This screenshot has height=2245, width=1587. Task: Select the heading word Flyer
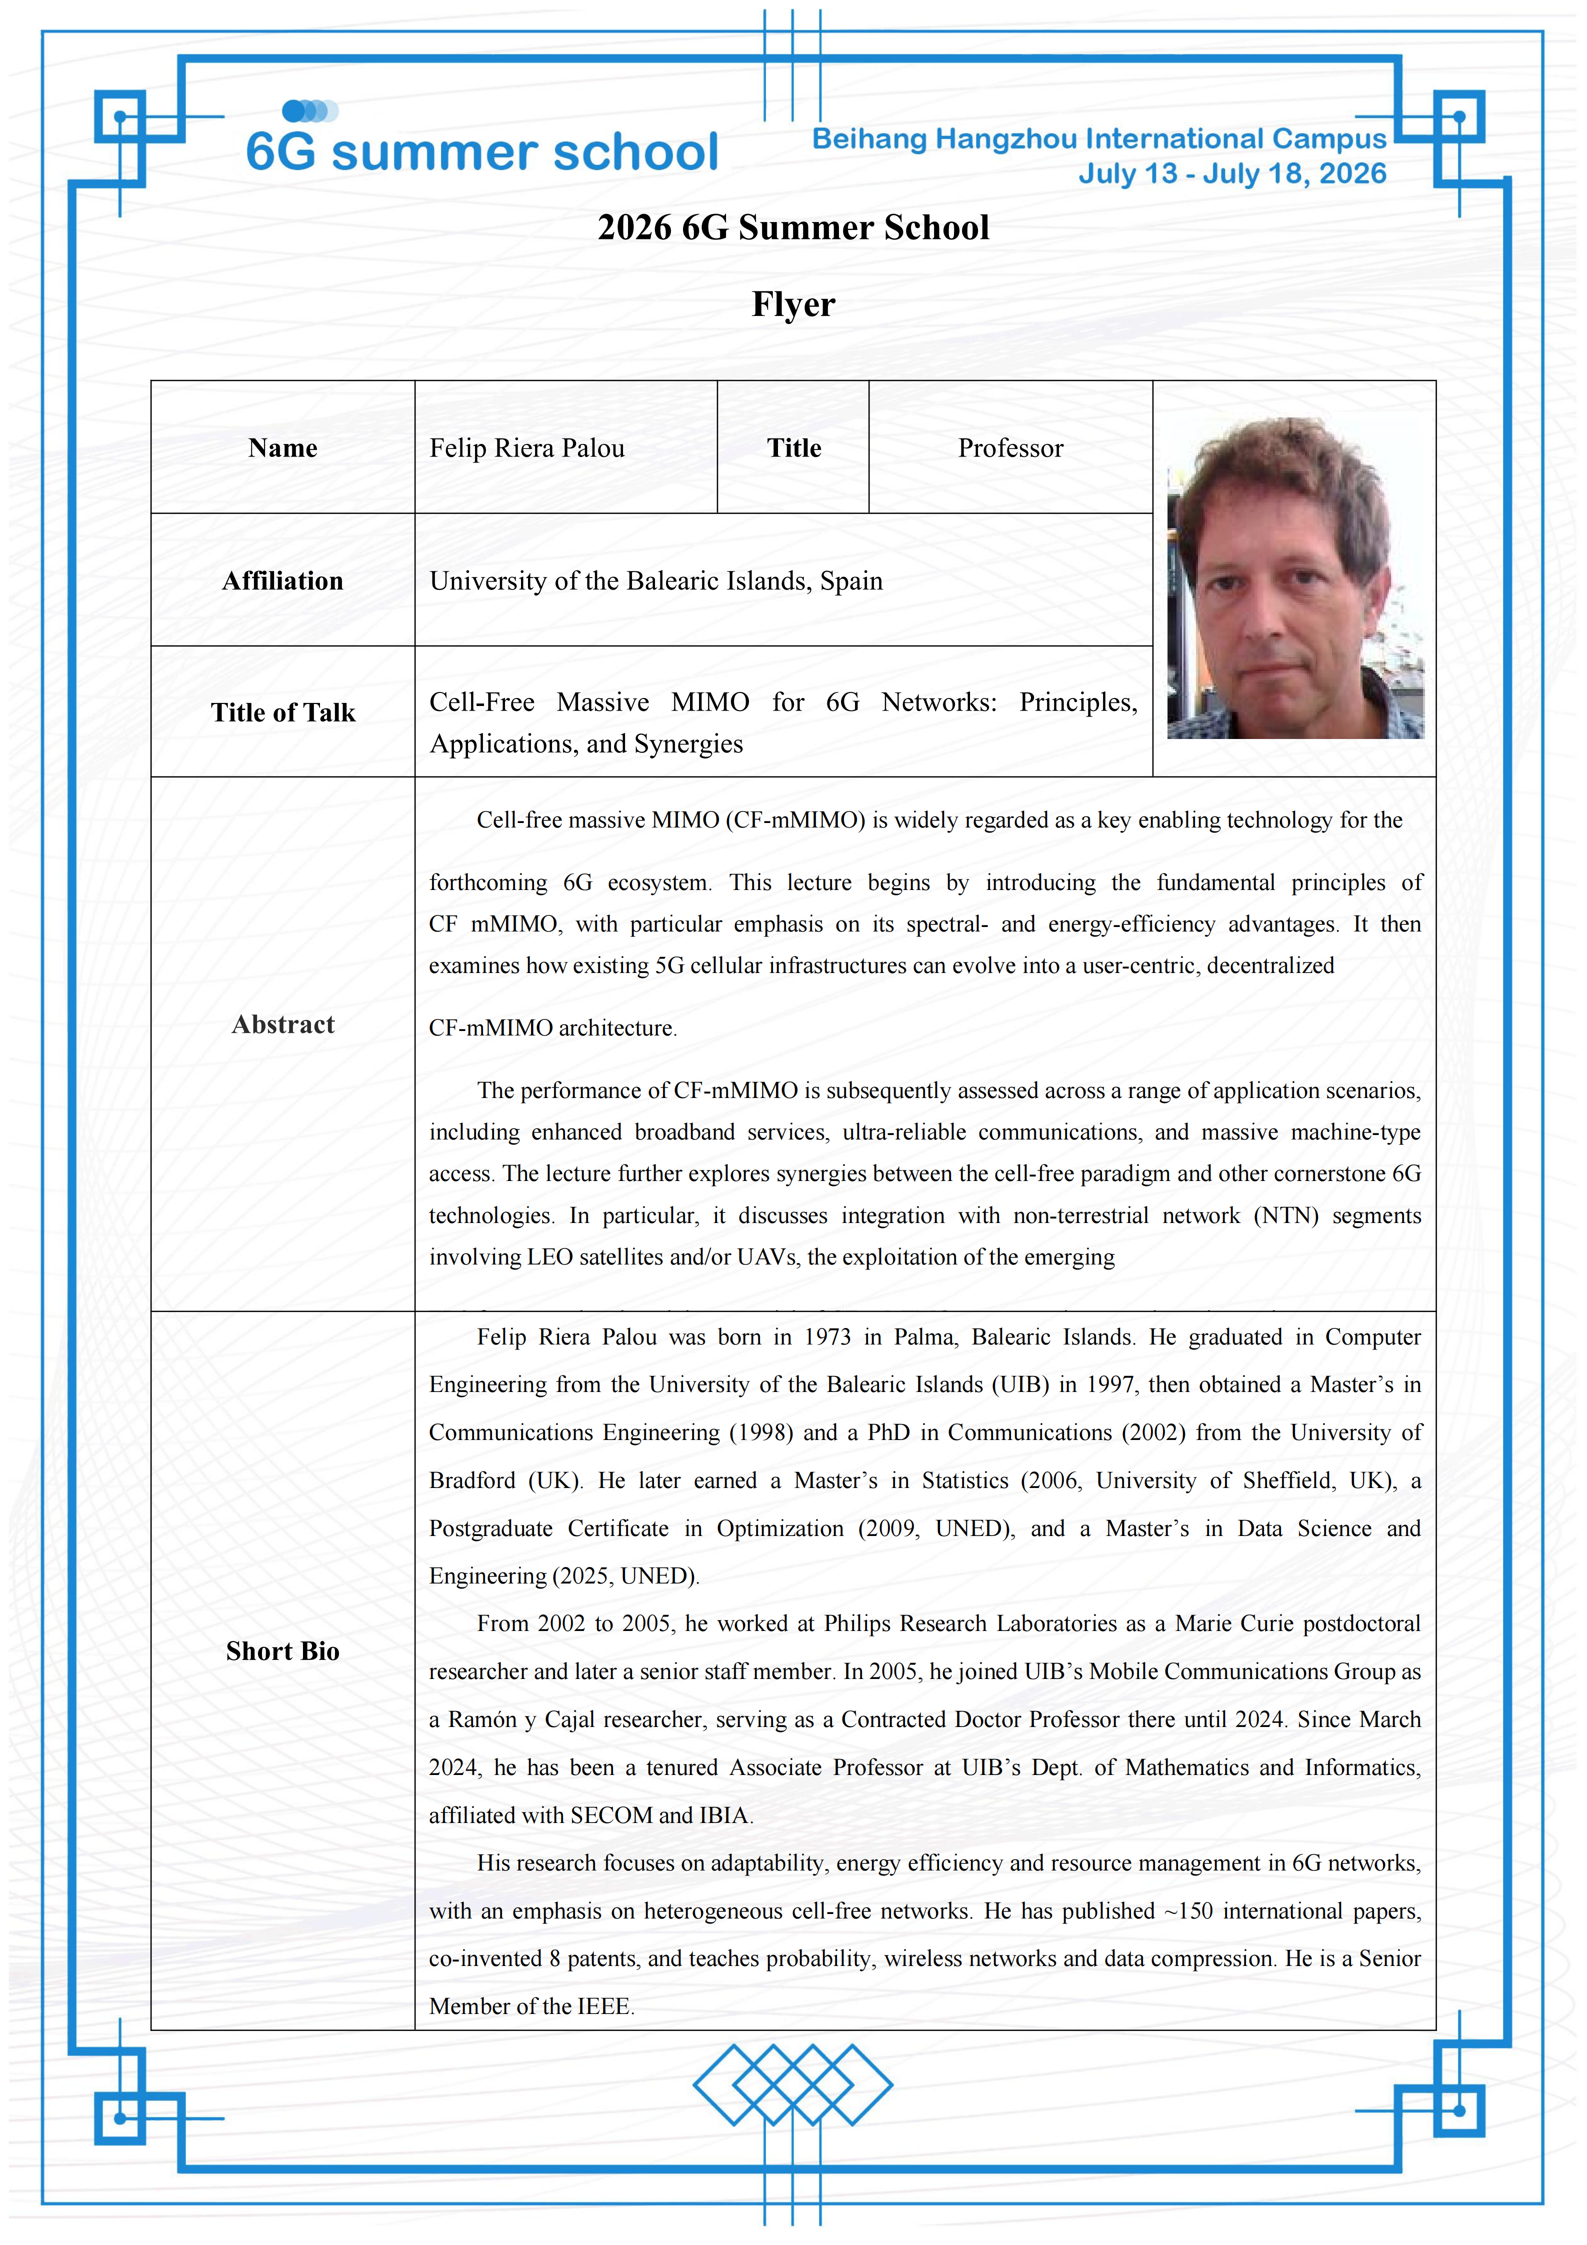tap(793, 304)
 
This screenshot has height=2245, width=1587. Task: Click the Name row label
tap(282, 448)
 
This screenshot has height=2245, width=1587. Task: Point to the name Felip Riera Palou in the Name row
tap(527, 448)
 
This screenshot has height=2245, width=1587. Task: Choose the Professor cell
tap(1010, 448)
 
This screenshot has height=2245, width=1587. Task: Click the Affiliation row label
tap(282, 581)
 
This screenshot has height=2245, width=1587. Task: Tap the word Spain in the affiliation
tap(850, 581)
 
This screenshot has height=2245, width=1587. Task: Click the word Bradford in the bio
tap(472, 1480)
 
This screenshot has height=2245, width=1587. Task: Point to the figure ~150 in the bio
tap(1188, 1910)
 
